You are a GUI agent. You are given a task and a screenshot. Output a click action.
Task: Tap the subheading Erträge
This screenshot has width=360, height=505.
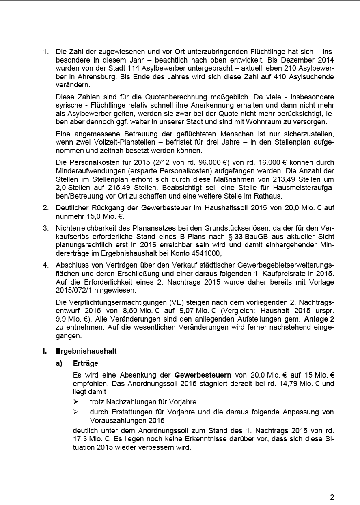(86, 363)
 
